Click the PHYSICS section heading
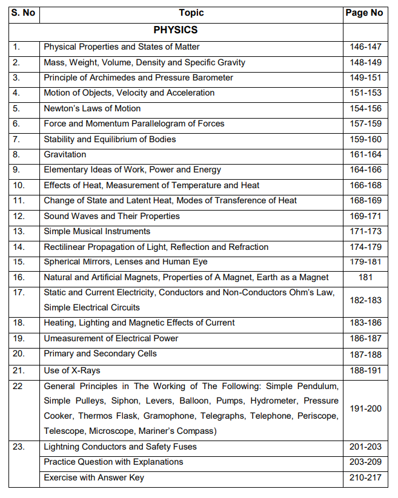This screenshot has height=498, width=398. click(x=175, y=29)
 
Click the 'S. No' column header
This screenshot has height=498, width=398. click(x=24, y=13)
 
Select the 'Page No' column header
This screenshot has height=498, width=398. click(x=363, y=13)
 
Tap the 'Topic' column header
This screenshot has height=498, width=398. click(x=191, y=13)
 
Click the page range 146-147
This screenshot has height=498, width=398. click(x=365, y=47)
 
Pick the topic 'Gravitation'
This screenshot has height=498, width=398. click(x=65, y=154)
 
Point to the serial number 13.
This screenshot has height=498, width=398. click(x=18, y=231)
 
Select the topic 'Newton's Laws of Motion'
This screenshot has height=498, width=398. click(x=92, y=108)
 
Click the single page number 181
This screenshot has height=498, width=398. click(x=365, y=277)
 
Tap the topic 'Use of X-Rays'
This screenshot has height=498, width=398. click(x=72, y=369)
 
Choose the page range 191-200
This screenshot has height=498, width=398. click(x=365, y=408)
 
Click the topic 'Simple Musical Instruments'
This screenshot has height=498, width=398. click(x=97, y=231)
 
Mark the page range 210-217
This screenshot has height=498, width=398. click(x=365, y=478)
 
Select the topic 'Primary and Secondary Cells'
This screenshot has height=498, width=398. click(x=100, y=353)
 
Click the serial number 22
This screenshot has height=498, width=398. click(x=18, y=385)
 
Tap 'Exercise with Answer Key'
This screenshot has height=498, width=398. click(x=94, y=478)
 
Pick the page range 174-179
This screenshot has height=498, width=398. click(x=365, y=247)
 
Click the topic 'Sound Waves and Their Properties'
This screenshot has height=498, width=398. click(x=111, y=216)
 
